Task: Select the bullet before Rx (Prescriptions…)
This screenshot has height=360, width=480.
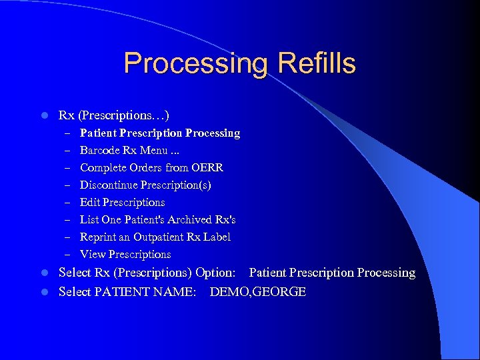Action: [43, 116]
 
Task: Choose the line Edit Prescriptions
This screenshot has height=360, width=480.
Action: [122, 202]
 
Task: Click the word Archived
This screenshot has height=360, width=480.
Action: [191, 219]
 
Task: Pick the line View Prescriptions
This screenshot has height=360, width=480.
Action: [125, 254]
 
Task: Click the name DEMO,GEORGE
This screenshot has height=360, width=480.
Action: [257, 292]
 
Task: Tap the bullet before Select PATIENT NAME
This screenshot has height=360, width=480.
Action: [43, 292]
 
